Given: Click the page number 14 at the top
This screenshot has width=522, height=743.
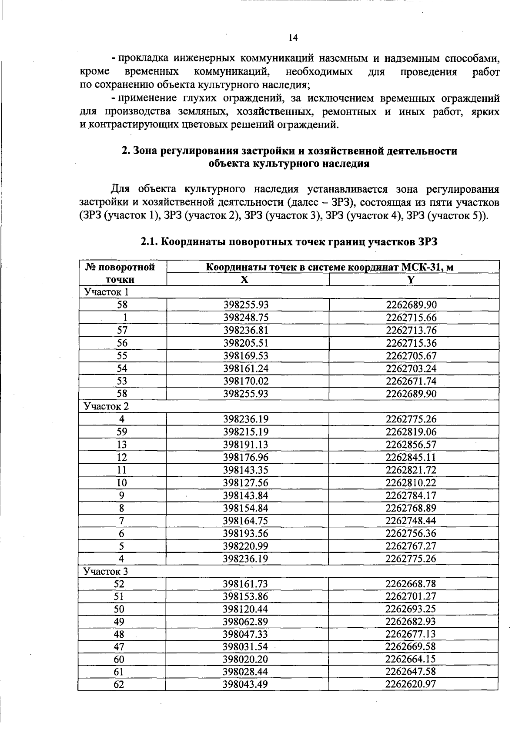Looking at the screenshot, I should [x=293, y=38].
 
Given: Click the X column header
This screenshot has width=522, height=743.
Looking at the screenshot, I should [x=245, y=280].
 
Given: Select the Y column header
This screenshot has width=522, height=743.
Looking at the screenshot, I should [x=411, y=280].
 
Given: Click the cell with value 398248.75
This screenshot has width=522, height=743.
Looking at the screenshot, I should [x=246, y=318].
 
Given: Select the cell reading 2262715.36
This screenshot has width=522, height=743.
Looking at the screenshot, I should [x=411, y=343].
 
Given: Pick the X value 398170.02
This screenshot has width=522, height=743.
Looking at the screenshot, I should [x=246, y=381].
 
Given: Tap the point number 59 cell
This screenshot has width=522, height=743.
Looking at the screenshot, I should [x=122, y=432].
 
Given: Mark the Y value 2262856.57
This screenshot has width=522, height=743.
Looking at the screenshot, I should [x=411, y=445].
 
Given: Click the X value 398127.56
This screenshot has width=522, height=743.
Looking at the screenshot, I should [x=246, y=482].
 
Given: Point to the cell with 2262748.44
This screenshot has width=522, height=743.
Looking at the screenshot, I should [x=411, y=521].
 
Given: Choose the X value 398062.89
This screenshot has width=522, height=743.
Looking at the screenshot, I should [x=246, y=622].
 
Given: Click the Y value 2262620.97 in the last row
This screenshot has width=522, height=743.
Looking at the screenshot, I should [x=411, y=684].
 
